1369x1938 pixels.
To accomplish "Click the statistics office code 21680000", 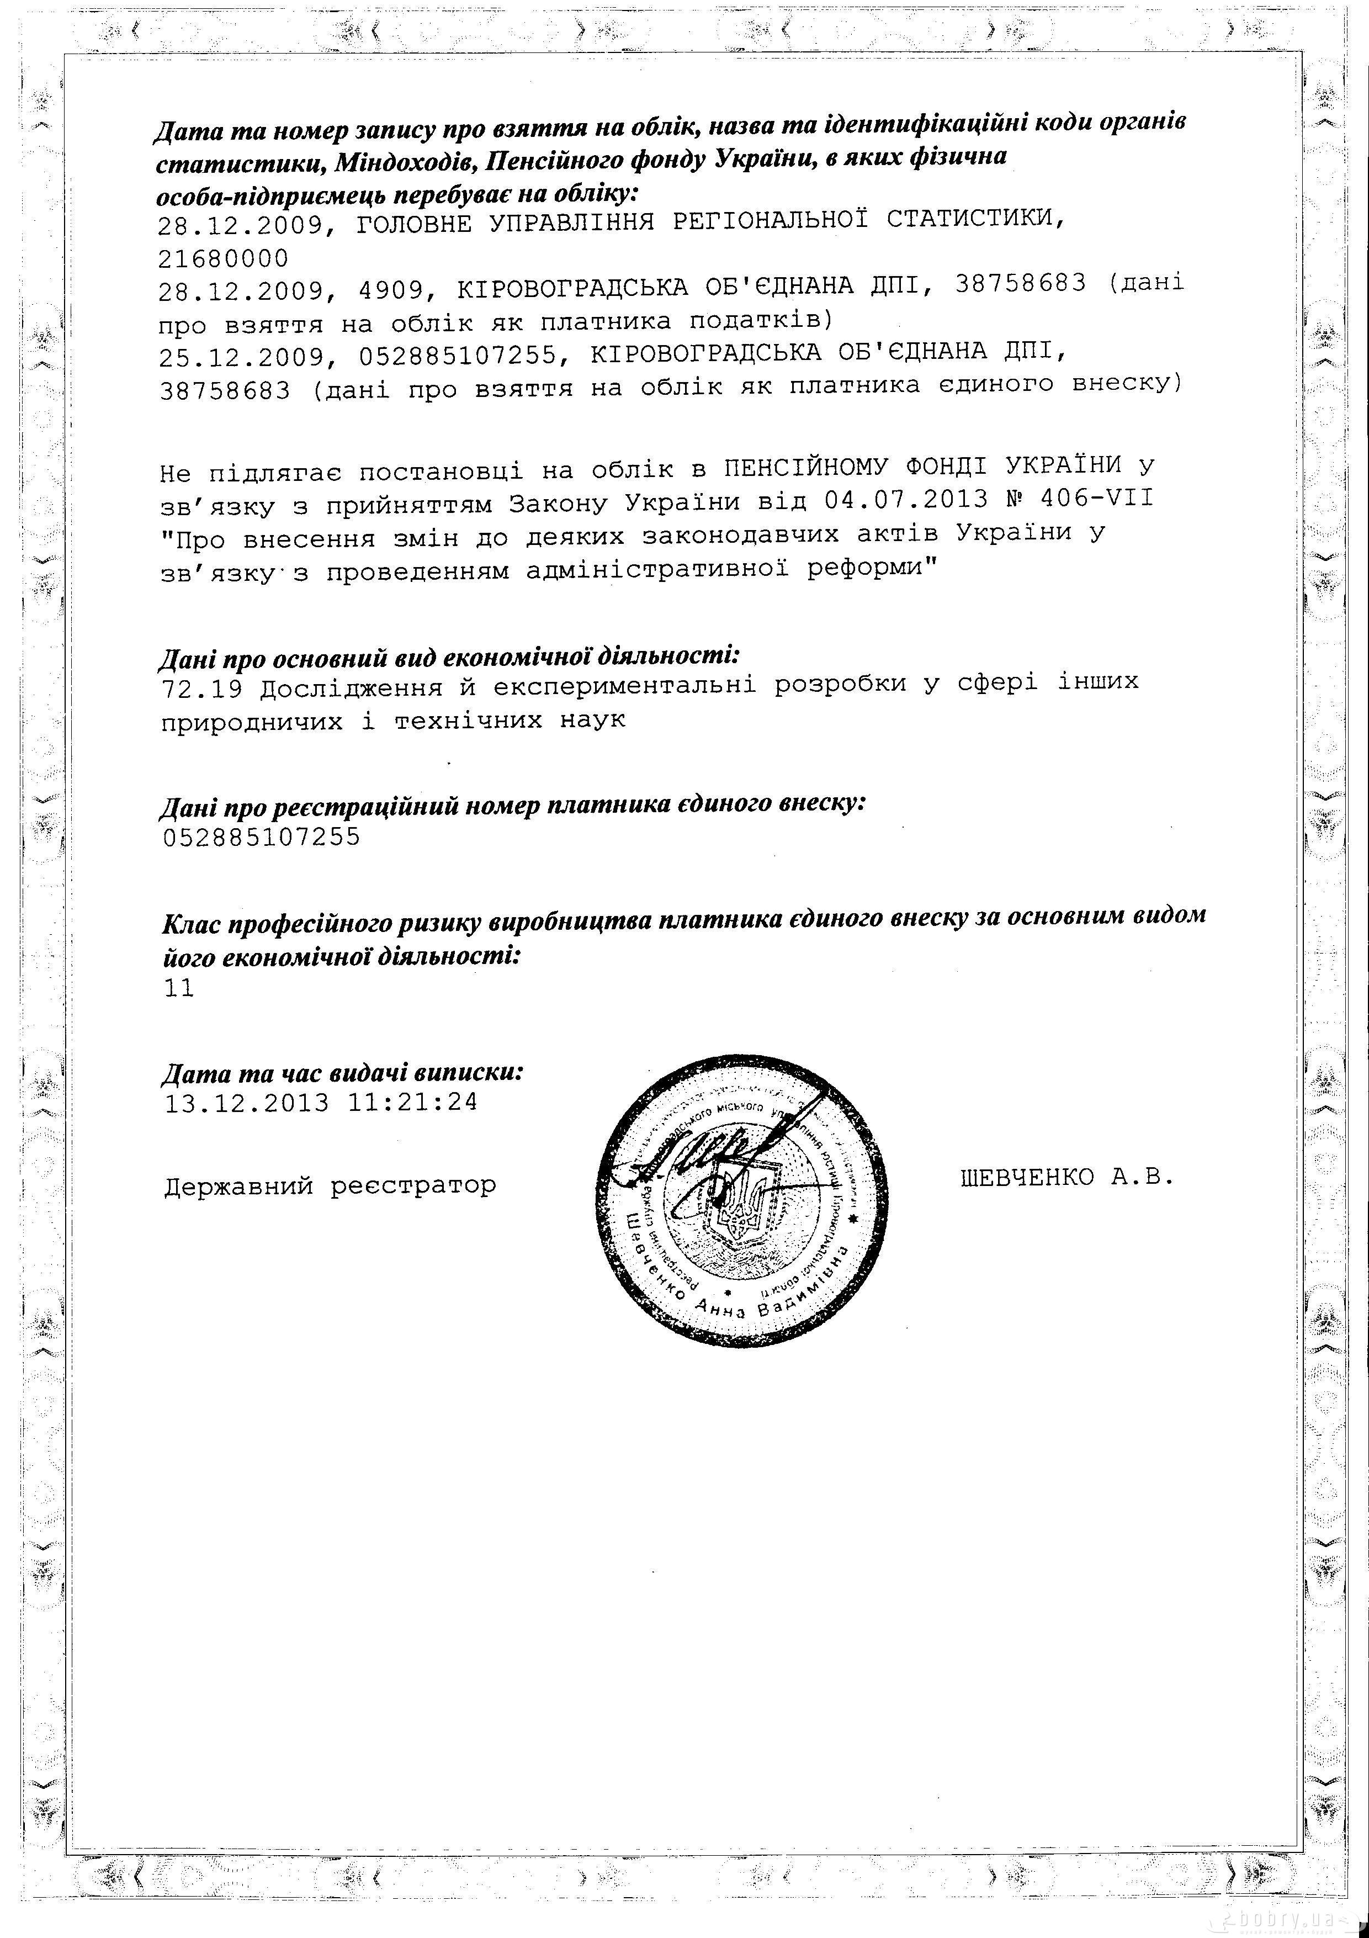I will pos(223,257).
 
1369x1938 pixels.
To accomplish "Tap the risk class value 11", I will pos(179,988).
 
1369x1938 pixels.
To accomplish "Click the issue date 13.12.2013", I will pos(246,1103).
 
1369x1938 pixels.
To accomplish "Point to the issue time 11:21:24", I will pos(412,1102).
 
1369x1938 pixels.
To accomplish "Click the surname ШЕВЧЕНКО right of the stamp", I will pos(1026,1178).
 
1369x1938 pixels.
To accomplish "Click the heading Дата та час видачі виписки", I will pos(342,1073).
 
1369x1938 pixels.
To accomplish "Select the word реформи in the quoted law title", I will pos(872,568).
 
